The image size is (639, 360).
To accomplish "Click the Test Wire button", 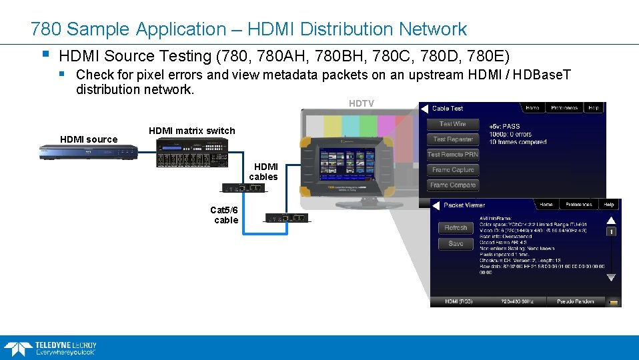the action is coord(453,124).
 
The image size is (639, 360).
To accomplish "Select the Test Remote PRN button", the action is coord(453,155).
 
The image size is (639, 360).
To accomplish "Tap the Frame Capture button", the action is coord(453,170).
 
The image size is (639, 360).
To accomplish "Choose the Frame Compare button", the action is coord(453,185).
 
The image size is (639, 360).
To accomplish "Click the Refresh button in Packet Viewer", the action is coord(456,228).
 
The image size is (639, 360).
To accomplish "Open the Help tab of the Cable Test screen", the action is coord(593,108).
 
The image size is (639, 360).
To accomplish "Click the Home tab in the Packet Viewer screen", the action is coord(546,205).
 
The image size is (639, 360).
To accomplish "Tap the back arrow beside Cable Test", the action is coord(424,108).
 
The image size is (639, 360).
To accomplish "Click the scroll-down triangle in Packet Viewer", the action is coord(610,277).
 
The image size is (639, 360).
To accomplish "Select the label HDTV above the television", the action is coord(362,103).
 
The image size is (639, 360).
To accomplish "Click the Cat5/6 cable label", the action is coord(224,215).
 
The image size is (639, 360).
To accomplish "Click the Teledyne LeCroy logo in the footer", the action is coord(51,347).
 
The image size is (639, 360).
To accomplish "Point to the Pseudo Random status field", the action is coord(575,301).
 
